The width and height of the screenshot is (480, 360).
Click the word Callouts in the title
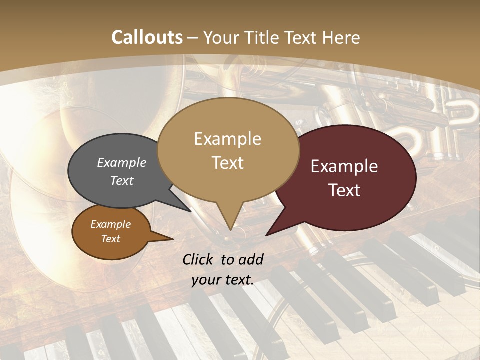point(147,37)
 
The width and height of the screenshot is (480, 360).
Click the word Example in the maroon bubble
point(344,166)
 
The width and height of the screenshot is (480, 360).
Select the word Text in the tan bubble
point(228,163)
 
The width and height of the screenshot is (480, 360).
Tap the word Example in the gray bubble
point(122,162)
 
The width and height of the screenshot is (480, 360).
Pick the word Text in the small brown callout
point(111,239)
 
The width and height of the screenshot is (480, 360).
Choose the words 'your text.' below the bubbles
point(223,280)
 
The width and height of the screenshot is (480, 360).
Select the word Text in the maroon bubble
point(345,190)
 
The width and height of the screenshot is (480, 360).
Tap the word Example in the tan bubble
point(227,139)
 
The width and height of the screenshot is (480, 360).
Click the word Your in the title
point(220,37)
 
